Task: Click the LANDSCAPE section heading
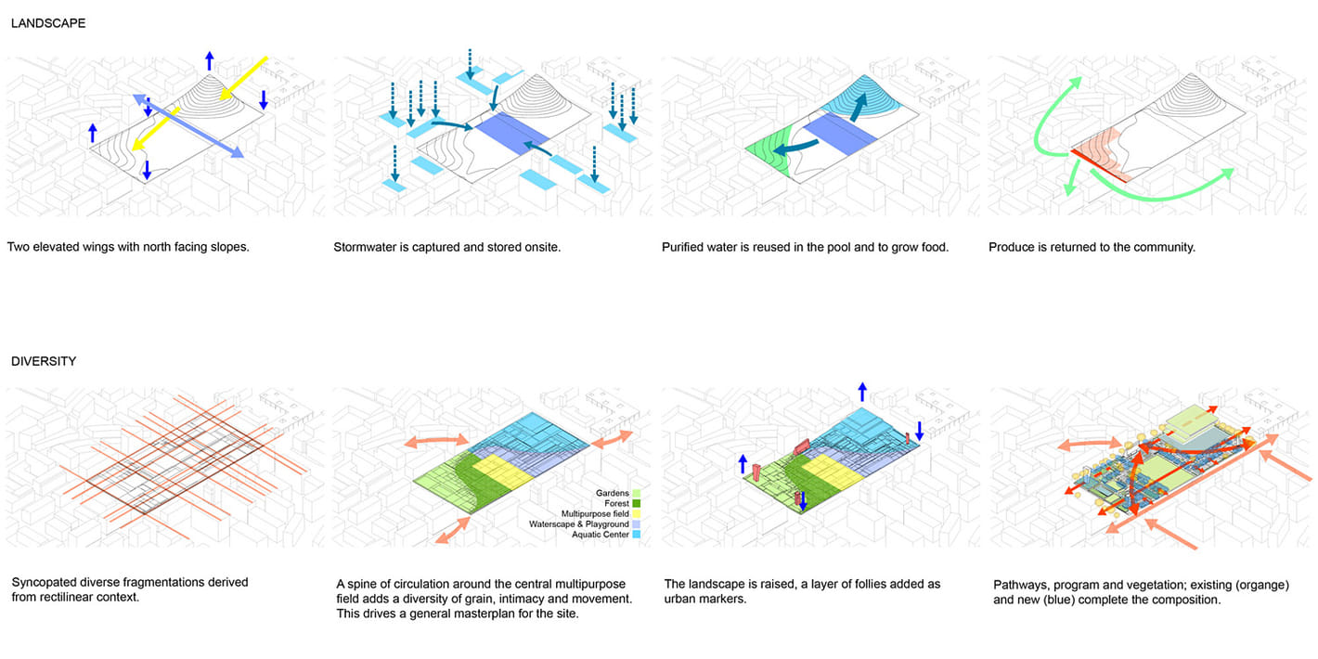(x=48, y=23)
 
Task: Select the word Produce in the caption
(x=1014, y=248)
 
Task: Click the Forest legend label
(x=615, y=503)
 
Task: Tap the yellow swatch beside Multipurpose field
(x=637, y=514)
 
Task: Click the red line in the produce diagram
(x=1099, y=163)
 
